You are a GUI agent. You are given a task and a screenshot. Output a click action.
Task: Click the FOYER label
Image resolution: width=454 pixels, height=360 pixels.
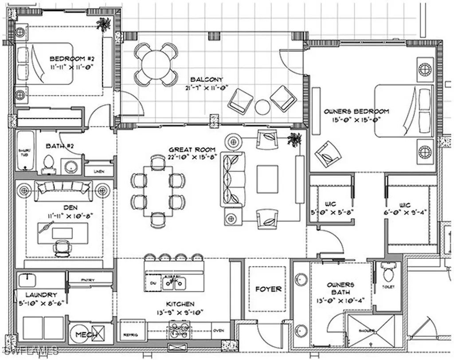[x=268, y=289]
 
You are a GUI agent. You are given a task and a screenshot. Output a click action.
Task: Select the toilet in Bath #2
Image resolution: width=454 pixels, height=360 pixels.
[x=47, y=164]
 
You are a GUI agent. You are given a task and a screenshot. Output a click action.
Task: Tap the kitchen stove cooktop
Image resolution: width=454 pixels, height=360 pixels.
[x=177, y=331]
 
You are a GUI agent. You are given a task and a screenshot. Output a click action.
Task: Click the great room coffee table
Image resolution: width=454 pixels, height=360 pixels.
[x=269, y=179]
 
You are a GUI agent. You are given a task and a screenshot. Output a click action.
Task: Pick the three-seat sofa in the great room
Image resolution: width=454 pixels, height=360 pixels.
[x=232, y=179]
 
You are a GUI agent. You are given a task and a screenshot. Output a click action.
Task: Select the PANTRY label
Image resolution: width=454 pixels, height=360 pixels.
[x=90, y=279]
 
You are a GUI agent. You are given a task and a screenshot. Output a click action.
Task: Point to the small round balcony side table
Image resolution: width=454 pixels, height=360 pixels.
[x=262, y=107]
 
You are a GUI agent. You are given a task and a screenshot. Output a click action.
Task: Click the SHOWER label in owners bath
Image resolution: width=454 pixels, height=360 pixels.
[x=367, y=330]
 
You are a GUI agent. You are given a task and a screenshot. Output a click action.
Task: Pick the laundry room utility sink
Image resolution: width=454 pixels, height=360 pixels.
[x=27, y=280]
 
